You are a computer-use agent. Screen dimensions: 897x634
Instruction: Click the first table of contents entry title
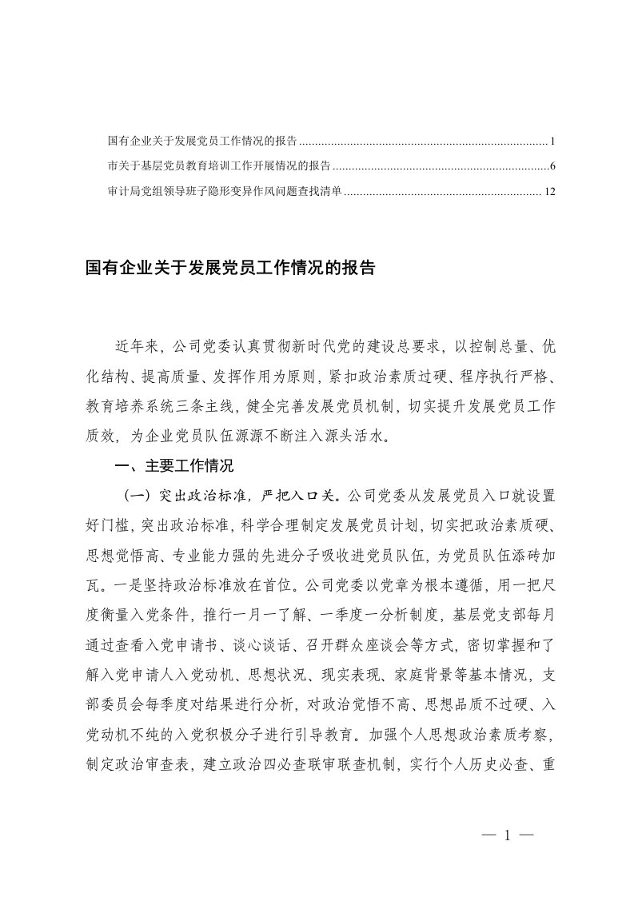202,141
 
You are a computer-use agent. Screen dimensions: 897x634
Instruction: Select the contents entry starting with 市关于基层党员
219,166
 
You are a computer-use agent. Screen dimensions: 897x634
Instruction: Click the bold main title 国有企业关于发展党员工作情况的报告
230,269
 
